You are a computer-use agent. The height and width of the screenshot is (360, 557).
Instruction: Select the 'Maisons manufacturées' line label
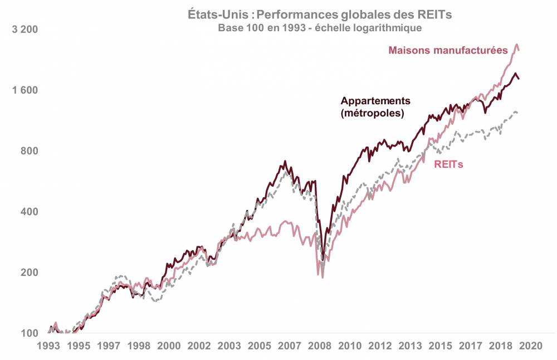coord(448,50)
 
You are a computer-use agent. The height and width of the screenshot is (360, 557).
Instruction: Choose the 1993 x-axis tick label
coord(51,346)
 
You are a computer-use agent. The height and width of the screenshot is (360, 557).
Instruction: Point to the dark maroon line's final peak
coord(515,74)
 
